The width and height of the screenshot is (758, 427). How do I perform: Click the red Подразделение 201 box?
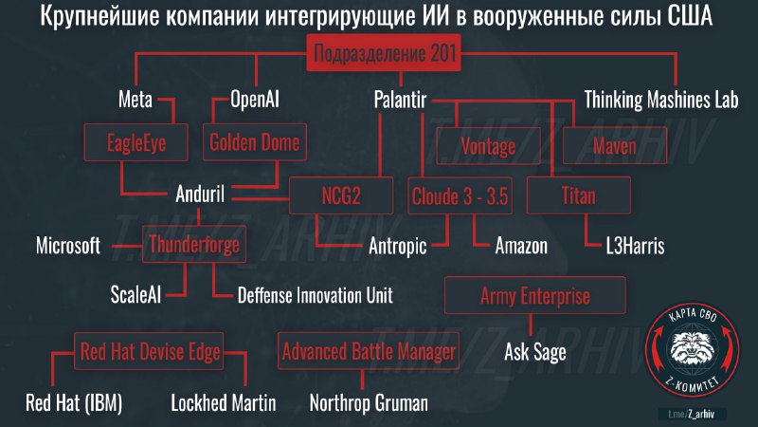pyautogui.click(x=384, y=53)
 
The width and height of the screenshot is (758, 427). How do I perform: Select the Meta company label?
pyautogui.click(x=135, y=100)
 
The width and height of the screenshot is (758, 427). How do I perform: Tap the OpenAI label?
pyautogui.click(x=254, y=100)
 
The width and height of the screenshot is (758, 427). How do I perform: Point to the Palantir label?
pyautogui.click(x=400, y=100)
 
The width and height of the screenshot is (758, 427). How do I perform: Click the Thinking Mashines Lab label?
pyautogui.click(x=660, y=100)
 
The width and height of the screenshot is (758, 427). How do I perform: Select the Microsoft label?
pyautogui.click(x=68, y=246)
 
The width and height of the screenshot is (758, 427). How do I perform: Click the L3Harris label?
pyautogui.click(x=635, y=246)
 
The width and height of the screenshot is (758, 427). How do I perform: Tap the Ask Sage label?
pyautogui.click(x=535, y=352)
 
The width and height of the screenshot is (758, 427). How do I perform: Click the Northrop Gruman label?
pyautogui.click(x=369, y=402)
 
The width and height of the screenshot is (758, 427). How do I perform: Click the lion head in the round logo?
pyautogui.click(x=693, y=345)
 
